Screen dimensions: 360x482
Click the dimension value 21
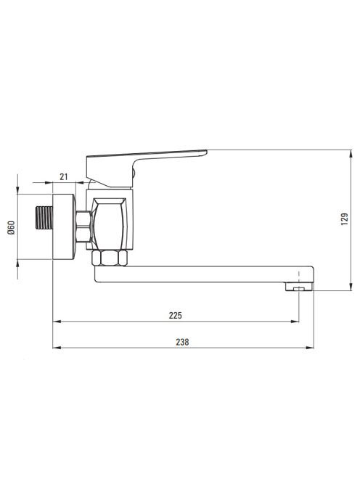click(64, 176)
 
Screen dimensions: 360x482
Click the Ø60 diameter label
click(12, 227)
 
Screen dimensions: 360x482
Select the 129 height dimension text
click(345, 219)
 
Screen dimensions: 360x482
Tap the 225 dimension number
click(175, 315)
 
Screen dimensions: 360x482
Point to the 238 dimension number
click(182, 342)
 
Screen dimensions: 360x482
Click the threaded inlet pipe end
click(44, 218)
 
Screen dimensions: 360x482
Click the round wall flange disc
click(65, 227)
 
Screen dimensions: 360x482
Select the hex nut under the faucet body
click(110, 258)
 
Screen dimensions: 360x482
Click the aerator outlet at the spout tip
click(299, 287)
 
